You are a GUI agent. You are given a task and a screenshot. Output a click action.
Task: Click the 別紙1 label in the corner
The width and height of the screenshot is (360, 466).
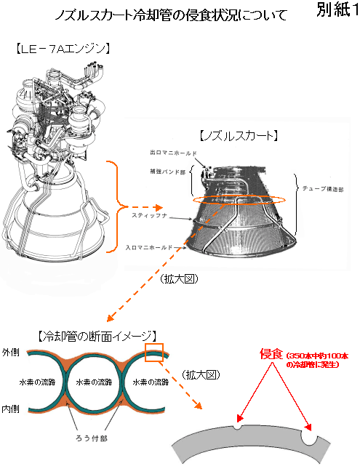coord(337,9)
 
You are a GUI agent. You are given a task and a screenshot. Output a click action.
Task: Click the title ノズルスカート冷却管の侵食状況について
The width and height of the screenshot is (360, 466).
coord(171,15)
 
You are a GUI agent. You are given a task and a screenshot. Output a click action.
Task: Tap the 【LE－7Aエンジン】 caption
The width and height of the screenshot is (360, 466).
coord(63,49)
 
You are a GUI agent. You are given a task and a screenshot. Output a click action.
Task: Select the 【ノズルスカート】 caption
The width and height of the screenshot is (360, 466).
coord(239,136)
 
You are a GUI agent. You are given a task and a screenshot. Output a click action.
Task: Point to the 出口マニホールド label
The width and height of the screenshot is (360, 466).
coord(173,153)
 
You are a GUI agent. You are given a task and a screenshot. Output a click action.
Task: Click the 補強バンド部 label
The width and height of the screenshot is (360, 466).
coord(168,172)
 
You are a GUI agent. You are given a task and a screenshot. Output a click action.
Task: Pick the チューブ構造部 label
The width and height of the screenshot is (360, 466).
coord(323,189)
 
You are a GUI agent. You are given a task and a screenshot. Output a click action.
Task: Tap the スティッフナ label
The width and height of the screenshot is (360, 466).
coord(150,215)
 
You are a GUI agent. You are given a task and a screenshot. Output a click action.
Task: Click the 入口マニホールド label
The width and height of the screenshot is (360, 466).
coord(149,247)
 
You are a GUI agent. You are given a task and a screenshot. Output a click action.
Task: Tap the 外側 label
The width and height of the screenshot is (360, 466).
coord(11,353)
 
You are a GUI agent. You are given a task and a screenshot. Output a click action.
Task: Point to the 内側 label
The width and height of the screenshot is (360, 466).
coord(11,409)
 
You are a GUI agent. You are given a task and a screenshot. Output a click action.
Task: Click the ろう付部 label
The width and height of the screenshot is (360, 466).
coord(92,438)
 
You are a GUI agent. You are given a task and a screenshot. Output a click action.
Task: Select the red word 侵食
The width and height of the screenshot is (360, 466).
coord(271,353)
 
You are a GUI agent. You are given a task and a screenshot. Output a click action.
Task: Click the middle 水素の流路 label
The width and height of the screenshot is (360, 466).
coord(94,382)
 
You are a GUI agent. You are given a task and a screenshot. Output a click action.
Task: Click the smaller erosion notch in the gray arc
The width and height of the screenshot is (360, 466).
coord(237,426)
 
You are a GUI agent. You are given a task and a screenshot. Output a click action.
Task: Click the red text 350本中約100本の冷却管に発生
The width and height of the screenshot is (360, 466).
coord(317,360)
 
